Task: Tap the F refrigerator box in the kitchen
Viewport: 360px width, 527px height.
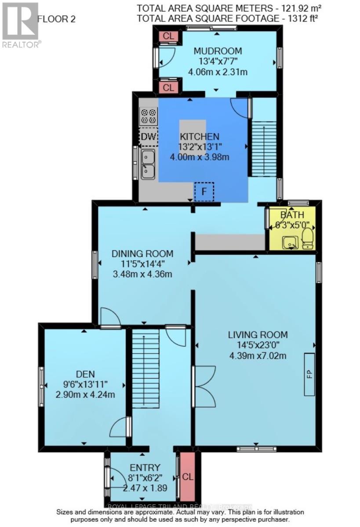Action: point(204,192)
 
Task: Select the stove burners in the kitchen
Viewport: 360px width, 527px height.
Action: point(149,116)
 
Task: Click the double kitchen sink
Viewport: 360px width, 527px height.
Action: point(148,164)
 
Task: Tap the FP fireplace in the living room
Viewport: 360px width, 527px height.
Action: point(310,375)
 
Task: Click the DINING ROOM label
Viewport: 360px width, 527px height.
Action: point(142,254)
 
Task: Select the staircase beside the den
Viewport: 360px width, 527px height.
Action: point(145,369)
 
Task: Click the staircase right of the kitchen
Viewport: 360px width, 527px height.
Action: point(263,148)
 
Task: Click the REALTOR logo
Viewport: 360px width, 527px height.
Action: point(21,24)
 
